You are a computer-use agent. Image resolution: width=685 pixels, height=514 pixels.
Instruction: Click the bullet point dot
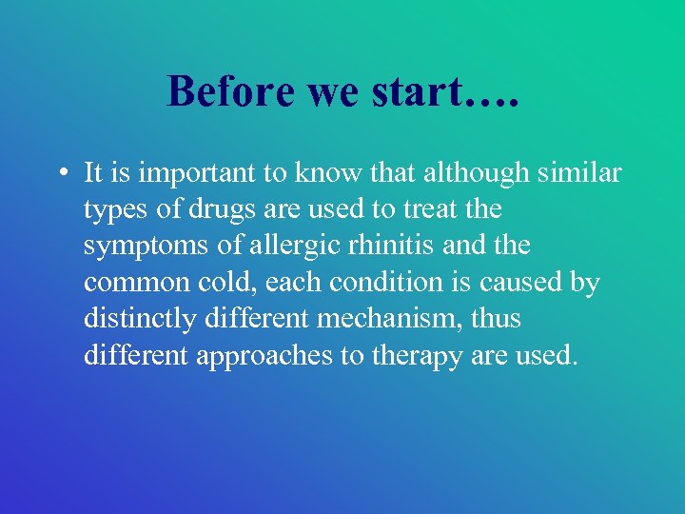[x=60, y=174]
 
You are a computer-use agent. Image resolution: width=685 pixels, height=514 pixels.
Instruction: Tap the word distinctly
[x=140, y=318]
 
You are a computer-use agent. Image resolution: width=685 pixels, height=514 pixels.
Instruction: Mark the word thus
[x=496, y=318]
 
